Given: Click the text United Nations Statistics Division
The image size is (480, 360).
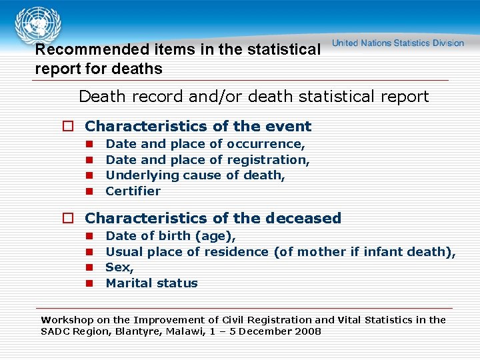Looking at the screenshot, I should (x=398, y=43).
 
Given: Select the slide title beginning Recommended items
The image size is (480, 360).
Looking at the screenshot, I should (x=177, y=59).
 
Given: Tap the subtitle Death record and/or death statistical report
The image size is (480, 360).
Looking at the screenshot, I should (x=253, y=97).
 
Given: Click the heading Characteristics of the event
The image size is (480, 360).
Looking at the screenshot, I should (x=198, y=127).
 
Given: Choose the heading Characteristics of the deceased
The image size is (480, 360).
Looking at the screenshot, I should (x=213, y=219).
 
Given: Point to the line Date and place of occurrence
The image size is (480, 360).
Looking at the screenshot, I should (x=205, y=144).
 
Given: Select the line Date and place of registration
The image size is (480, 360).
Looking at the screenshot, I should (x=207, y=160).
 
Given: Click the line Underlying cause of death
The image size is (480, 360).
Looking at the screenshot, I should (x=195, y=175).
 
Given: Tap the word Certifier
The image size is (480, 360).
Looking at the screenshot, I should (x=133, y=191).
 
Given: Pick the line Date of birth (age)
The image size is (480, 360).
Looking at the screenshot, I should (x=171, y=236).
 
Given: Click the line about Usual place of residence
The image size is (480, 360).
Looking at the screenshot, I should (x=281, y=252).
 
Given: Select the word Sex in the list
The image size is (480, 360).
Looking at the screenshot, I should (x=119, y=267).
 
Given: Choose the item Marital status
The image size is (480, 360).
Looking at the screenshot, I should (x=151, y=283).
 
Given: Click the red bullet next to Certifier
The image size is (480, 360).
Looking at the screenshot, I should (x=88, y=192).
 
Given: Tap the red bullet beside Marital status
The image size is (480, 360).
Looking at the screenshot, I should (x=88, y=284).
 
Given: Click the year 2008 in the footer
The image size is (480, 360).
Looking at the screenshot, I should (x=307, y=331).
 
